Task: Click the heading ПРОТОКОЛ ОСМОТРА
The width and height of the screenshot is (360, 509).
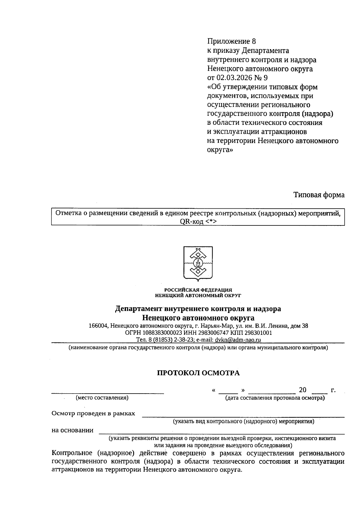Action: (x=199, y=373)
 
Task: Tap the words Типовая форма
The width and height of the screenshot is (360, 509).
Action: (x=319, y=195)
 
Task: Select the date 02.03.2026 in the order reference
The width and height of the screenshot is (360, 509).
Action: (x=234, y=78)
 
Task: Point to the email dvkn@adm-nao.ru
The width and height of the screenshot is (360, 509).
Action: (x=238, y=340)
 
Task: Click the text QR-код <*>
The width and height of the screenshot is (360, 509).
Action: (x=198, y=221)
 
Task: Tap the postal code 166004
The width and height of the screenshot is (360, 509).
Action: (x=98, y=326)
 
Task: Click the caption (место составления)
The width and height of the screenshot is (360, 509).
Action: (x=102, y=398)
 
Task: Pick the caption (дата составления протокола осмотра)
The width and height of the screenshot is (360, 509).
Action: (x=275, y=398)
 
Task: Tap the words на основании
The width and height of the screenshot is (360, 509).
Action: (x=72, y=430)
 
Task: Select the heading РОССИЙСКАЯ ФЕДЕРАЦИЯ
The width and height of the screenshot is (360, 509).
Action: (x=198, y=290)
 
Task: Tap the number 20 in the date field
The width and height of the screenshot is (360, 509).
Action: (x=302, y=390)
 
